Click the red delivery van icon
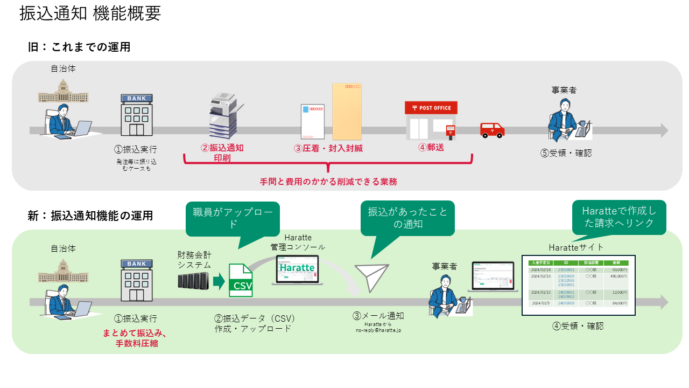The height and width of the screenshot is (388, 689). point(493,130)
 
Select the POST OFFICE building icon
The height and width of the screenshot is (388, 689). point(431,121)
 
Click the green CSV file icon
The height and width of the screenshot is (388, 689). point(241,280)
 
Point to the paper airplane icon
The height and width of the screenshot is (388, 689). point(371,278)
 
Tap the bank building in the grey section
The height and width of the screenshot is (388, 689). point(136,115)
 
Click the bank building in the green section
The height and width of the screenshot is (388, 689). point(136,281)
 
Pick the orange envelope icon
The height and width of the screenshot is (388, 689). point(347,112)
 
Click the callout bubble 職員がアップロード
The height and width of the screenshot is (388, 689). point(233,218)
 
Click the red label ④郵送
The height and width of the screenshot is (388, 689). point(431,147)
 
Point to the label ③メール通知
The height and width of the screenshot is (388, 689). point(378,316)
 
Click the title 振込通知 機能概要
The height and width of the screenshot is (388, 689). point(90,14)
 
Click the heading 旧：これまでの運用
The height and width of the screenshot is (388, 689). point(79,47)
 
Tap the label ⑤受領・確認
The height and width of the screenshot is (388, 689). point(566,153)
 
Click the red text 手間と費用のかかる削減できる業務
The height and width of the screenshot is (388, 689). point(328,182)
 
